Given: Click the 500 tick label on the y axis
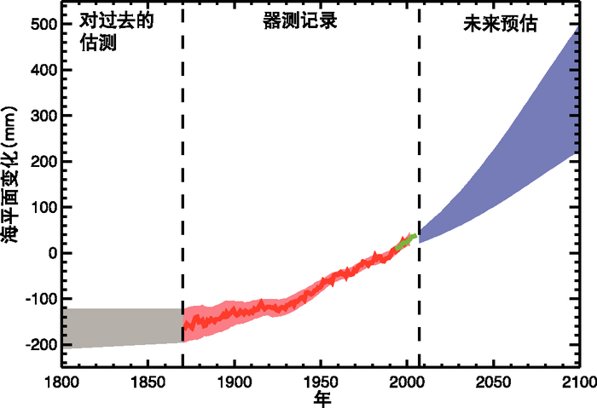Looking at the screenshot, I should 43,25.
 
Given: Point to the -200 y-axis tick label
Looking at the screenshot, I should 39,344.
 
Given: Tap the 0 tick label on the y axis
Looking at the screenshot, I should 52,253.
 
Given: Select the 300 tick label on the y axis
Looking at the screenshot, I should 43,116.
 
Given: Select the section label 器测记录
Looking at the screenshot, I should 300,21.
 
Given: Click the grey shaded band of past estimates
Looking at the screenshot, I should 119,327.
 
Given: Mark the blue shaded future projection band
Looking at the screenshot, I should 512,153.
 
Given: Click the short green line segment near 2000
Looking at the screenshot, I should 406,242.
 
